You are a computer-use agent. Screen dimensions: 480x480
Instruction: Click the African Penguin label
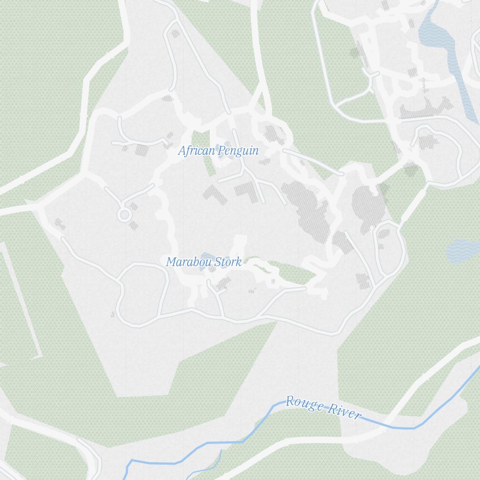coord(218,151)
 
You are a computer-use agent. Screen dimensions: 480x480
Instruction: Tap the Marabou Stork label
coord(204,262)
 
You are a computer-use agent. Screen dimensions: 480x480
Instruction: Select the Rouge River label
coord(323,408)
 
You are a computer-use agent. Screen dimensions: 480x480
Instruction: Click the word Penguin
coord(238,151)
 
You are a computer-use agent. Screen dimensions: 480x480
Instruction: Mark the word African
coord(197,151)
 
